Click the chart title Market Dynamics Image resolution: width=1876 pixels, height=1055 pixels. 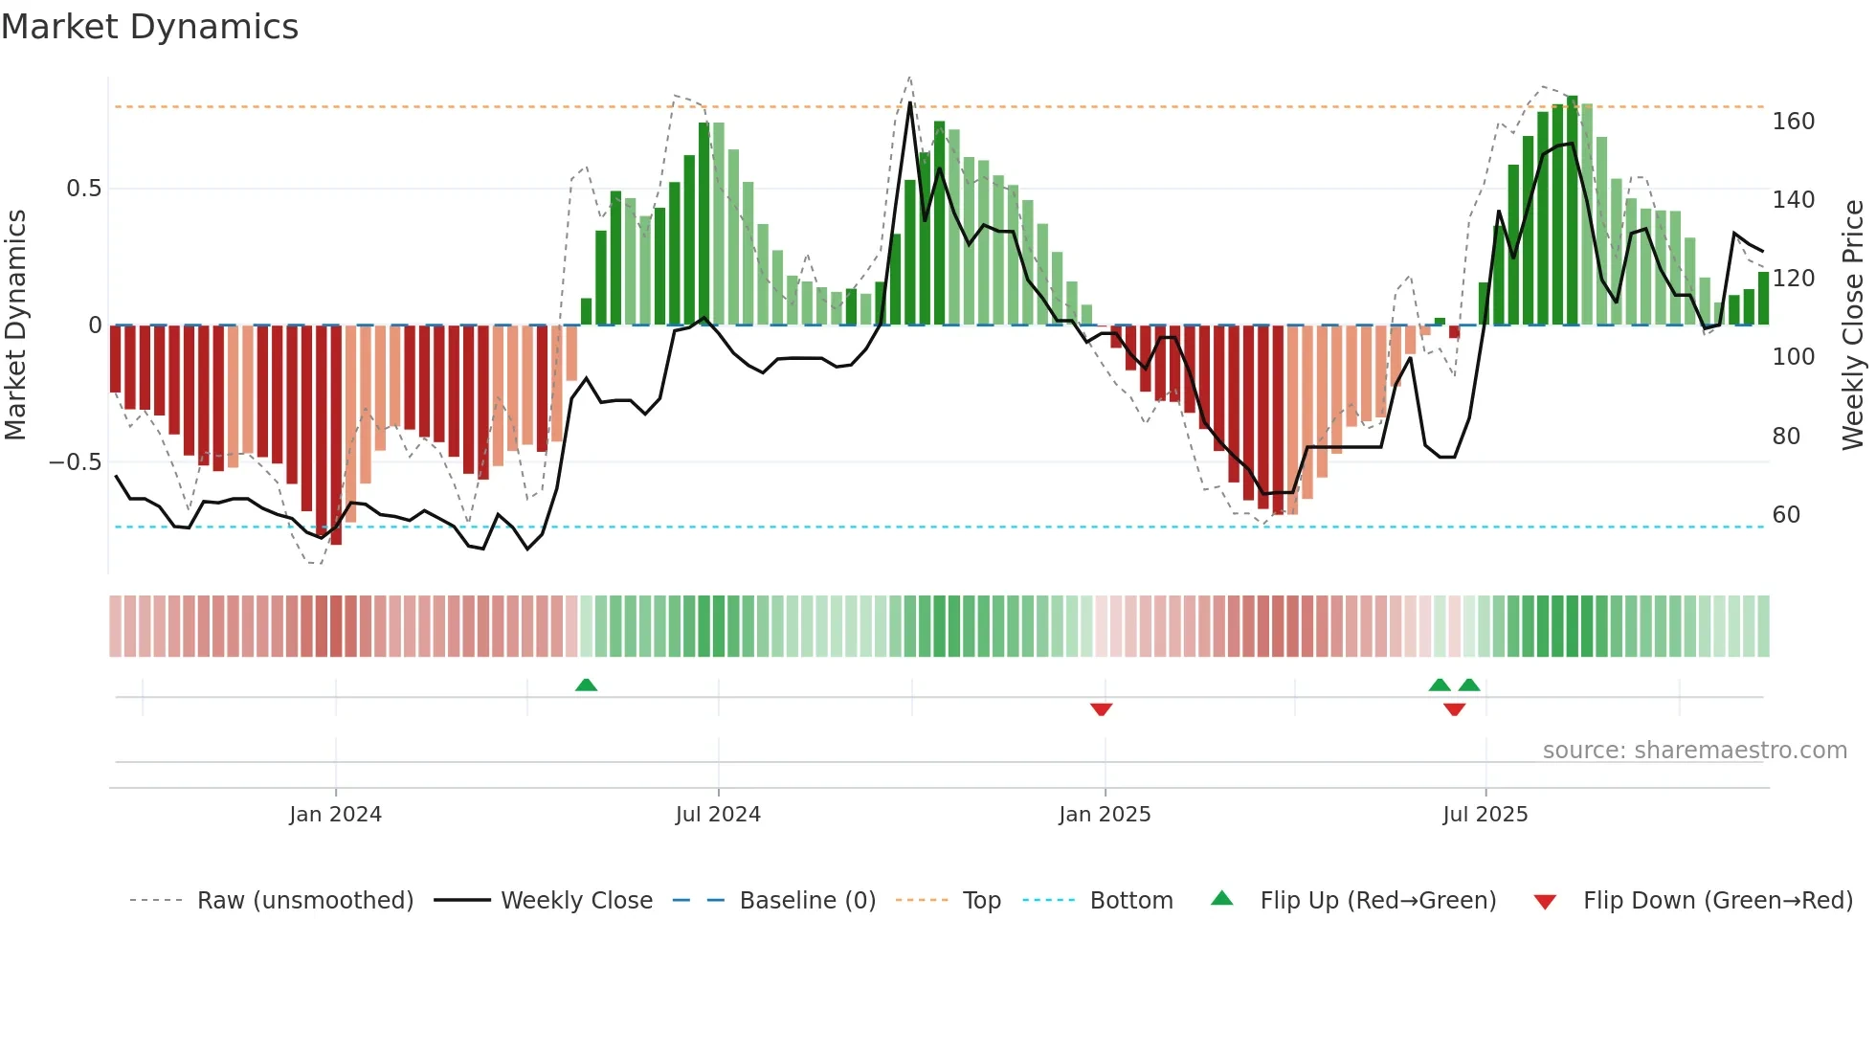click(149, 27)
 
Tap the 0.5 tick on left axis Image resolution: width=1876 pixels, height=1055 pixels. click(83, 189)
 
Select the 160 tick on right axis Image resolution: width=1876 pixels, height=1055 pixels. click(1793, 122)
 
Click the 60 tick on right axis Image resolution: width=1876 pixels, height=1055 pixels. click(1785, 515)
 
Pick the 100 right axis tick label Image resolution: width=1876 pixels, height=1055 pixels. click(1793, 357)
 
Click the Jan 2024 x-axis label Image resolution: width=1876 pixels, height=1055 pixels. click(335, 815)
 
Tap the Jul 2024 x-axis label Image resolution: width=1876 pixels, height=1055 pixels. click(718, 815)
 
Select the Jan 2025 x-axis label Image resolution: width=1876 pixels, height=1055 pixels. click(1105, 815)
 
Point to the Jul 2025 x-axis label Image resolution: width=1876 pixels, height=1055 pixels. click(1485, 815)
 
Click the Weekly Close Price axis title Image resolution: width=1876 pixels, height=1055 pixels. click(1853, 325)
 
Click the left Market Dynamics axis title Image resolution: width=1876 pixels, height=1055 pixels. click(15, 325)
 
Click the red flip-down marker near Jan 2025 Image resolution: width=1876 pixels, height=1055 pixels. click(1101, 709)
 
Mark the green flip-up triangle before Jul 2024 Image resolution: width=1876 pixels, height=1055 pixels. click(586, 685)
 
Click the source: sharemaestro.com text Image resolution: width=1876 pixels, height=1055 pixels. click(1694, 751)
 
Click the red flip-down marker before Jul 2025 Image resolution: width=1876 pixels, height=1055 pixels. click(1454, 709)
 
